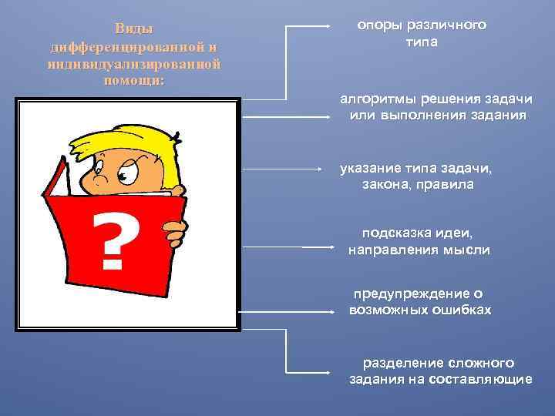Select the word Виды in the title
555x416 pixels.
(x=134, y=29)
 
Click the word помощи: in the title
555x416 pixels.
(x=134, y=80)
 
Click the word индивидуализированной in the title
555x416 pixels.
(x=134, y=63)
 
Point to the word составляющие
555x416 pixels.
(x=483, y=379)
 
